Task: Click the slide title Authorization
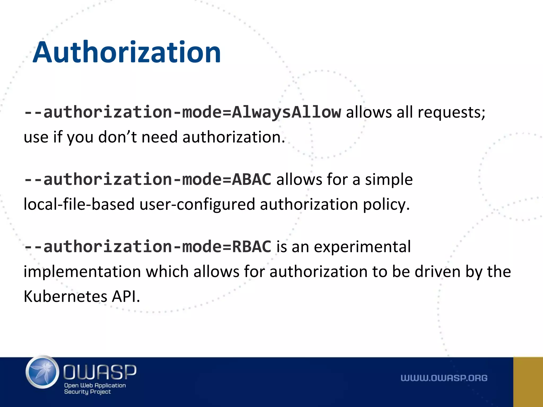click(x=127, y=52)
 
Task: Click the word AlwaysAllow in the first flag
click(x=286, y=112)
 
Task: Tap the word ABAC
click(x=251, y=179)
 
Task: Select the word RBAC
click(x=251, y=247)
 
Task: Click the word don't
click(x=117, y=137)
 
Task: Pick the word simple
click(x=389, y=179)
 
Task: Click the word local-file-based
click(x=79, y=205)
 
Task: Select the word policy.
click(x=386, y=205)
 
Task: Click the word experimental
click(x=362, y=247)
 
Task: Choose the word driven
click(x=437, y=272)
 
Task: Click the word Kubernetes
click(x=65, y=296)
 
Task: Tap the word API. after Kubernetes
click(x=126, y=296)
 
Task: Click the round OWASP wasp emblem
click(x=42, y=372)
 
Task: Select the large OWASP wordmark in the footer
click(x=100, y=372)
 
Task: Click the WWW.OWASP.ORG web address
click(x=444, y=378)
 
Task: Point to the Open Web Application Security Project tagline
click(x=95, y=388)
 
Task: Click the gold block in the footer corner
click(x=528, y=382)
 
